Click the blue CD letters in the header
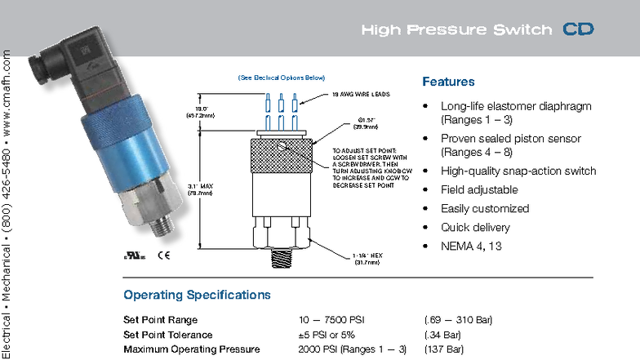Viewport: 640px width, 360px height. pyautogui.click(x=578, y=30)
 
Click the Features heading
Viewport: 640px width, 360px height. pyautogui.click(x=448, y=82)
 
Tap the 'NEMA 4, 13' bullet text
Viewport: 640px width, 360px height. pyautogui.click(x=471, y=246)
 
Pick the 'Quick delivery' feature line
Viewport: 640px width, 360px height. pyautogui.click(x=475, y=227)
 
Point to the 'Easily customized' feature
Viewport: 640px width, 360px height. pyautogui.click(x=485, y=208)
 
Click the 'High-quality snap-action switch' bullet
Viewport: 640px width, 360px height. pyautogui.click(x=518, y=171)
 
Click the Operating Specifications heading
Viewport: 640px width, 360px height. pyautogui.click(x=197, y=294)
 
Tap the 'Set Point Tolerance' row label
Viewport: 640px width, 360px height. pyautogui.click(x=167, y=335)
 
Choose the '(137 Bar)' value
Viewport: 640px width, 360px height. pyautogui.click(x=444, y=349)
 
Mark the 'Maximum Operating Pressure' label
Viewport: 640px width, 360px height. pyautogui.click(x=190, y=349)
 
